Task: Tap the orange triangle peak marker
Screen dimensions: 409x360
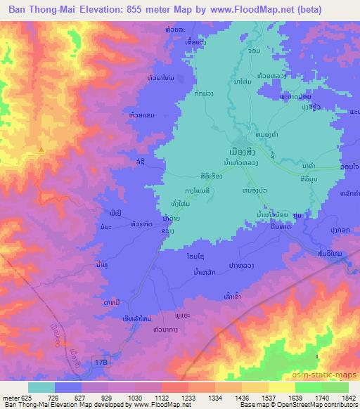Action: click(x=41, y=149)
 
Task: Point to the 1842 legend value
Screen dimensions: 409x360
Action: click(x=339, y=397)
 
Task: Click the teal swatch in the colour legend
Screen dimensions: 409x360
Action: click(x=41, y=387)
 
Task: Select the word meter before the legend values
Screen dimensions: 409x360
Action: click(x=9, y=397)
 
